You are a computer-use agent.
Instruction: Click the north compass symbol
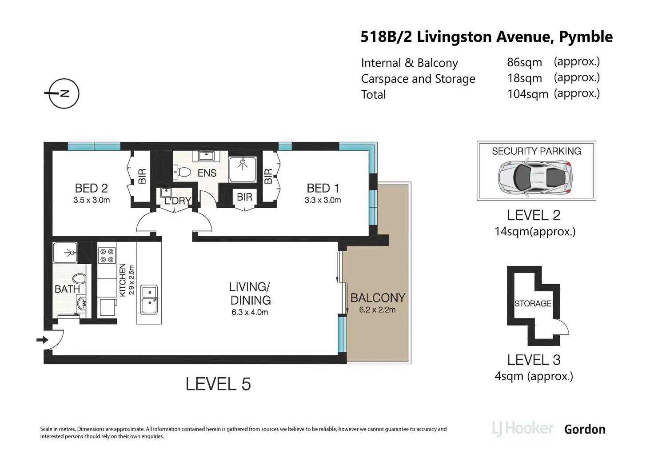pyautogui.click(x=64, y=93)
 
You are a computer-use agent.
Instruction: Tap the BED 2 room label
pyautogui.click(x=92, y=188)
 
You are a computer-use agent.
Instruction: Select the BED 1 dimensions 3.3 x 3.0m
pyautogui.click(x=323, y=200)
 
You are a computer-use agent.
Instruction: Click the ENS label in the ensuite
pyautogui.click(x=207, y=173)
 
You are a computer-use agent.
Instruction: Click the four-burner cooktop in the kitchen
pyautogui.click(x=107, y=255)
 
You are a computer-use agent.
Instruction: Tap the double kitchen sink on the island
pyautogui.click(x=149, y=300)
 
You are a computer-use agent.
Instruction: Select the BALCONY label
pyautogui.click(x=378, y=298)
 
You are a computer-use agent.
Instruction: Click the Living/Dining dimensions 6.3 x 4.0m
pyautogui.click(x=250, y=312)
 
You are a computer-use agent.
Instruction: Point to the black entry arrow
pyautogui.click(x=42, y=340)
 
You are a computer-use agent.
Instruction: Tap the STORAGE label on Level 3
pyautogui.click(x=533, y=303)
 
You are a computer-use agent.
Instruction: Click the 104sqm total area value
pyautogui.click(x=528, y=94)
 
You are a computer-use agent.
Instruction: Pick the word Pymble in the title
pyautogui.click(x=586, y=37)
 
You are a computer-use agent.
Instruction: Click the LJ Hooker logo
pyautogui.click(x=522, y=429)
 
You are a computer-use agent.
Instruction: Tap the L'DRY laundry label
pyautogui.click(x=178, y=201)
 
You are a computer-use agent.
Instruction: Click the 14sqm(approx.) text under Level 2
pyautogui.click(x=535, y=231)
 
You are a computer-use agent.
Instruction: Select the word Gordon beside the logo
pyautogui.click(x=585, y=429)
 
